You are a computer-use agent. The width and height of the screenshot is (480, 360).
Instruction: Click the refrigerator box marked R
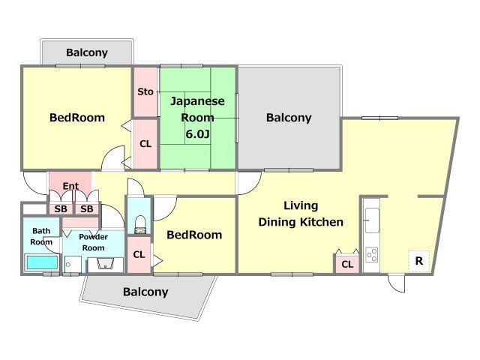418,261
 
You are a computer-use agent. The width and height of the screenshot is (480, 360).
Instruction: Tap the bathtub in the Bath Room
42,262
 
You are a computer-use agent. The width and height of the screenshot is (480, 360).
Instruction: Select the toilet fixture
140,225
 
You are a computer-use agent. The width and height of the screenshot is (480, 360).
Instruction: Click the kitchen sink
372,220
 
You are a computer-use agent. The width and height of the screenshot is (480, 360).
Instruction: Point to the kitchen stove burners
372,255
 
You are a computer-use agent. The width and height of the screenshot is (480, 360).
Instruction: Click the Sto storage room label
145,91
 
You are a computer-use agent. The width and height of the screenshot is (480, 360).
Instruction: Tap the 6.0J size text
198,133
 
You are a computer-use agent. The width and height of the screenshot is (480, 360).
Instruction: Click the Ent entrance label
70,186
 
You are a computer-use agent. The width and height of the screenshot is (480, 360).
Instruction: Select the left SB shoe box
61,209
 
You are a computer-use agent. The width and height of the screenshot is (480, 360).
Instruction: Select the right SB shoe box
87,209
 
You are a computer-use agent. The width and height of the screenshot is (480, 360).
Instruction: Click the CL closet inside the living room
347,264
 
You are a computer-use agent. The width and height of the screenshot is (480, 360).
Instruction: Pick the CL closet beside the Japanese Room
145,143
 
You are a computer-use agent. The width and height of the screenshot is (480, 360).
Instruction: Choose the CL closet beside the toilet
139,254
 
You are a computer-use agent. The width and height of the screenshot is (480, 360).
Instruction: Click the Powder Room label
93,242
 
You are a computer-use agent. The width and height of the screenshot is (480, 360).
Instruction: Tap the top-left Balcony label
87,52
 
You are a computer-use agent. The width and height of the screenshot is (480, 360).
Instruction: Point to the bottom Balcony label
145,292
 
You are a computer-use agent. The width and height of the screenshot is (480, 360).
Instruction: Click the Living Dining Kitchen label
301,214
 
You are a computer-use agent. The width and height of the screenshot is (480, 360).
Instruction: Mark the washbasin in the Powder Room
106,264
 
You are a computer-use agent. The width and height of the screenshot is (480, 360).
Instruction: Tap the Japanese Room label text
197,109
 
